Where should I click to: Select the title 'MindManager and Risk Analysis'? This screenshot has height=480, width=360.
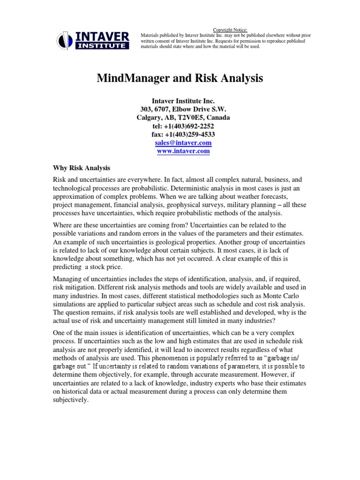pos(180,78)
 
